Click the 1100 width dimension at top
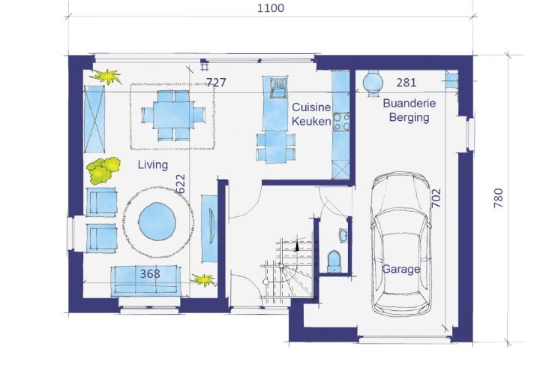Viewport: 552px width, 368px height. pyautogui.click(x=270, y=8)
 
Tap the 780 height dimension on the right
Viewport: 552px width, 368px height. pyautogui.click(x=498, y=198)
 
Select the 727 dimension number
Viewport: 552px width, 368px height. pyautogui.click(x=216, y=82)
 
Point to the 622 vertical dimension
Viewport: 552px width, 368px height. pyautogui.click(x=181, y=184)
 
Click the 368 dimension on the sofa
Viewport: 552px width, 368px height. pyautogui.click(x=150, y=273)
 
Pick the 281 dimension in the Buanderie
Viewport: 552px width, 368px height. pyautogui.click(x=406, y=82)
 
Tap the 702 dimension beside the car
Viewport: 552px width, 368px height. pyautogui.click(x=436, y=198)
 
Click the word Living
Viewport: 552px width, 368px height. pyautogui.click(x=153, y=164)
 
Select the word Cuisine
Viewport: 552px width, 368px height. pyautogui.click(x=311, y=107)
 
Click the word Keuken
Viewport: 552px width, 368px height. pyautogui.click(x=311, y=122)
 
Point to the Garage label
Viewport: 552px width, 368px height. pyautogui.click(x=401, y=270)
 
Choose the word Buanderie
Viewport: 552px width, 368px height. pyautogui.click(x=409, y=104)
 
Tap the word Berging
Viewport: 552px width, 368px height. pyautogui.click(x=409, y=117)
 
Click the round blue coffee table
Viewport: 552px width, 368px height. pyautogui.click(x=157, y=221)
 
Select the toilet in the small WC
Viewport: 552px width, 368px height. pyautogui.click(x=334, y=261)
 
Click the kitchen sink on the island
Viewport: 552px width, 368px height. pyautogui.click(x=279, y=88)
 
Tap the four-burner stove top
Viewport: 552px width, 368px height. pyautogui.click(x=341, y=122)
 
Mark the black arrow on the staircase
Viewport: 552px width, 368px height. pyautogui.click(x=297, y=246)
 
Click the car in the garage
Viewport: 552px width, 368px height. pyautogui.click(x=401, y=245)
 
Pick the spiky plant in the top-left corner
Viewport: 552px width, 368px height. pyautogui.click(x=106, y=77)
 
